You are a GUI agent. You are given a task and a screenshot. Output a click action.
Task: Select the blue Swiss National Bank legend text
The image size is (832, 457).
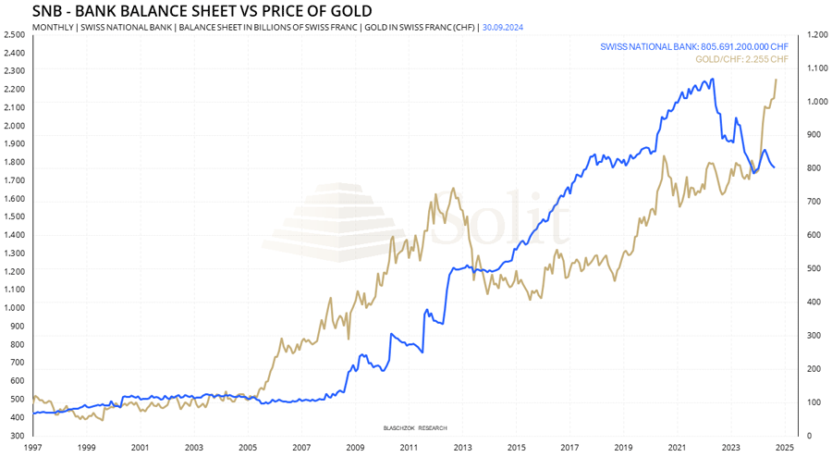[x=694, y=45]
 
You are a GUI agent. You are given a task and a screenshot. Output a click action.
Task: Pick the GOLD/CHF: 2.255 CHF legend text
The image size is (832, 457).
[x=741, y=59]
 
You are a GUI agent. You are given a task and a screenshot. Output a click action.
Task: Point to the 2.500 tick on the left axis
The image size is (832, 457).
[x=14, y=34]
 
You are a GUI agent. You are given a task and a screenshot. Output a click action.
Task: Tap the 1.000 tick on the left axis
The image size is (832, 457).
[x=14, y=308]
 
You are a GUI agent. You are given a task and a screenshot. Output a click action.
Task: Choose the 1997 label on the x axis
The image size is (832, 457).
[x=32, y=448]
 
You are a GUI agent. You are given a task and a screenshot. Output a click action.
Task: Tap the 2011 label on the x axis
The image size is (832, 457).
[x=408, y=448]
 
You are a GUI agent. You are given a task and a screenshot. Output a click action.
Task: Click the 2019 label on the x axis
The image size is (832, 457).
[x=623, y=448]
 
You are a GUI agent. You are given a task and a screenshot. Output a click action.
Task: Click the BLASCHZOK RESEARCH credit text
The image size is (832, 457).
[x=414, y=428]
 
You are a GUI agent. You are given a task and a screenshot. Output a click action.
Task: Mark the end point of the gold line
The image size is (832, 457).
[x=776, y=80]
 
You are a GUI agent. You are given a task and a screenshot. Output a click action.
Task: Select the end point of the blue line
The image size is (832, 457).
[x=774, y=167]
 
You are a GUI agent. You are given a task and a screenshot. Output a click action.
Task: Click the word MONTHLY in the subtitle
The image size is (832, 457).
[x=53, y=28]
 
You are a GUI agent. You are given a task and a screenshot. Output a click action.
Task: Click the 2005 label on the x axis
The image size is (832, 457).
[x=247, y=448]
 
